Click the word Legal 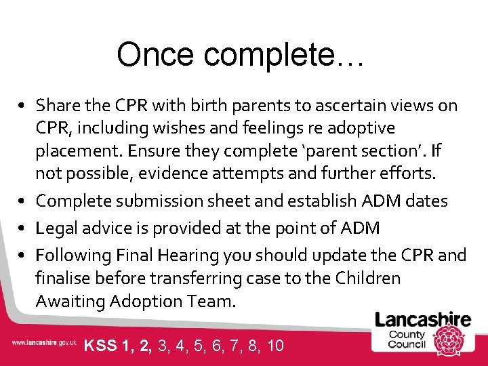click(x=56, y=228)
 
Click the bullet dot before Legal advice click(x=23, y=229)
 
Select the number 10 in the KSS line click(x=275, y=346)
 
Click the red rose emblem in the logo click(x=449, y=335)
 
